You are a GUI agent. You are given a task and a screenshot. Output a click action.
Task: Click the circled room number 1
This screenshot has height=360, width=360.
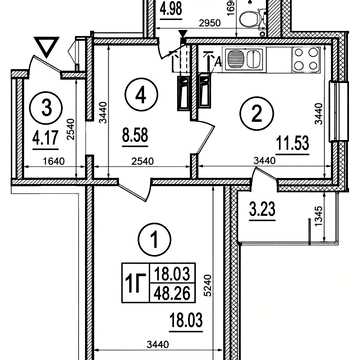154,239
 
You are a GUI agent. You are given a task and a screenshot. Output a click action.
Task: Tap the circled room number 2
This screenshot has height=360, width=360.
257,115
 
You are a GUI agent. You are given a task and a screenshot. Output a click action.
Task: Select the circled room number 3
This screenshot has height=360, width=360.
46,108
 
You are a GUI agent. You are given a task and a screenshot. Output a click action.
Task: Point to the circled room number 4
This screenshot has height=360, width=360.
141,95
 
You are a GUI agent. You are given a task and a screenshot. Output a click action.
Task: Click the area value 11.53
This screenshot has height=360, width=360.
293,144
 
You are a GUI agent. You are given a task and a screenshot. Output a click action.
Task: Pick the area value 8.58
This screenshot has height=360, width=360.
135,136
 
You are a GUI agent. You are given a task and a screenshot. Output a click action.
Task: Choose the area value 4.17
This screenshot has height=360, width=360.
45,138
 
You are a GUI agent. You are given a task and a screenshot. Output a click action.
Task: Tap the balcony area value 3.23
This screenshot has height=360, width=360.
262,210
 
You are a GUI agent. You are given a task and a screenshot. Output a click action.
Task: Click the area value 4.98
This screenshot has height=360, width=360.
171,9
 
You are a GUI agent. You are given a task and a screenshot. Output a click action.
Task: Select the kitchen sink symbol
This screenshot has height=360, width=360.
245,59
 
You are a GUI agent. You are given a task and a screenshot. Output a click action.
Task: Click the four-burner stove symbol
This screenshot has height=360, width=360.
306,59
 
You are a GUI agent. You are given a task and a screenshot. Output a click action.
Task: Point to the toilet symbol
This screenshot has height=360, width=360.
252,18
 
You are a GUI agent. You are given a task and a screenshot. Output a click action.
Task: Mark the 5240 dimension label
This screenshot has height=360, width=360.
208,287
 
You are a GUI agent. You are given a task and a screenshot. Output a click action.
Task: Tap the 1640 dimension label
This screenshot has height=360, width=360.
53,162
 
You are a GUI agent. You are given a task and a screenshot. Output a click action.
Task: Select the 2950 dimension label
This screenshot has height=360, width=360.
210,23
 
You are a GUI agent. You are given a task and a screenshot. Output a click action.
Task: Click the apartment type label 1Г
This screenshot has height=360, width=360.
136,283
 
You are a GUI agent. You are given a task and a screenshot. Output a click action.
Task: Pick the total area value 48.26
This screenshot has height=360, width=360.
172,294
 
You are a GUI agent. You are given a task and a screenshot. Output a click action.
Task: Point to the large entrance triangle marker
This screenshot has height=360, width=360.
47,46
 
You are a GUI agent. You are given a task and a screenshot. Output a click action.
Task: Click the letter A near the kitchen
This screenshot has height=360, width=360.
218,61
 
